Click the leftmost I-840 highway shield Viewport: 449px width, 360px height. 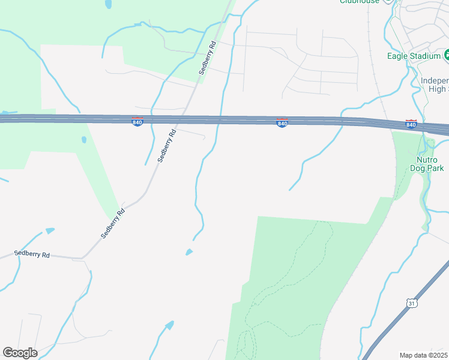point(137,122)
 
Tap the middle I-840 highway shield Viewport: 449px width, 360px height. point(282,123)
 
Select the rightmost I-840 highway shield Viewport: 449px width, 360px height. point(411,124)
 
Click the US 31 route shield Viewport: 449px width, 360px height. point(411,304)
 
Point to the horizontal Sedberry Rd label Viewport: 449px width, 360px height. point(32,254)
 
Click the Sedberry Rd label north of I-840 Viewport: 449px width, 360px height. point(208,58)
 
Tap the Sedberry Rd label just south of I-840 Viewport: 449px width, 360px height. point(166,146)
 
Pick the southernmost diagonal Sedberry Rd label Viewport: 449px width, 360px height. point(113,223)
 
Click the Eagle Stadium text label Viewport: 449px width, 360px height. point(414,56)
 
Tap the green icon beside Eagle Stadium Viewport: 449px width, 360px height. point(447,56)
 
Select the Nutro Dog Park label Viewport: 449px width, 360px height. point(430,164)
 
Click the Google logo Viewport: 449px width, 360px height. point(20,353)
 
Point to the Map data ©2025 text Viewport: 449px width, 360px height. point(424,355)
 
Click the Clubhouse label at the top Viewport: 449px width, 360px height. point(360,2)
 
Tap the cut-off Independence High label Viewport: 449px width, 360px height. point(434,85)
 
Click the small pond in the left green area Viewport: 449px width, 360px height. point(84,140)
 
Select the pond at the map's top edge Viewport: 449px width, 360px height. point(109,4)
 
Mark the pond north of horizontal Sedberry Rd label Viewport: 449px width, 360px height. point(50,230)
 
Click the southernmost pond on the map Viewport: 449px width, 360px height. point(169,325)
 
